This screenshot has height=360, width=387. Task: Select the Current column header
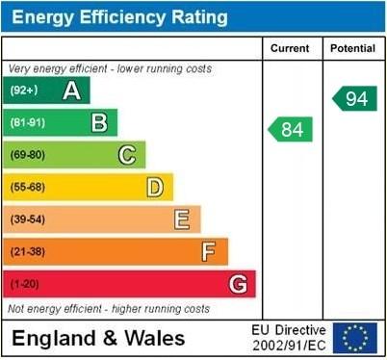tap(290, 48)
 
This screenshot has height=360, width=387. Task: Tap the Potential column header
tap(353, 48)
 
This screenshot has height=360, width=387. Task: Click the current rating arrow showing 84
tap(291, 129)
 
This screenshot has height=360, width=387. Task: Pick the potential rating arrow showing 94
tap(355, 97)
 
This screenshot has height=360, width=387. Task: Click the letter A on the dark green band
tap(71, 90)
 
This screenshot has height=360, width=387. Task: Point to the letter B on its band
tap(99, 122)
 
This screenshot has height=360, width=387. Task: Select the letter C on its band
tap(127, 154)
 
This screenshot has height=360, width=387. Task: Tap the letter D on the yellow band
tap(154, 187)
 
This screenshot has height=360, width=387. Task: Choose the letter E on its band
tap(181, 219)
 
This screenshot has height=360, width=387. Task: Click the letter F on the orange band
tap(209, 252)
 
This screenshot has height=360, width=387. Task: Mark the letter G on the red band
tap(238, 284)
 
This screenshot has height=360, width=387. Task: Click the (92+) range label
tap(24, 90)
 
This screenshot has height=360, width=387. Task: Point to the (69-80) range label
tap(28, 155)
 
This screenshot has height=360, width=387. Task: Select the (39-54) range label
tap(28, 219)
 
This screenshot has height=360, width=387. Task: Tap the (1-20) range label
tap(25, 285)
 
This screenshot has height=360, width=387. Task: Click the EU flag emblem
tap(355, 337)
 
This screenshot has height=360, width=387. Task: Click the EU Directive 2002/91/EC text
tap(289, 337)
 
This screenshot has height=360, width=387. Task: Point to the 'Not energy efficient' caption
tap(109, 309)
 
